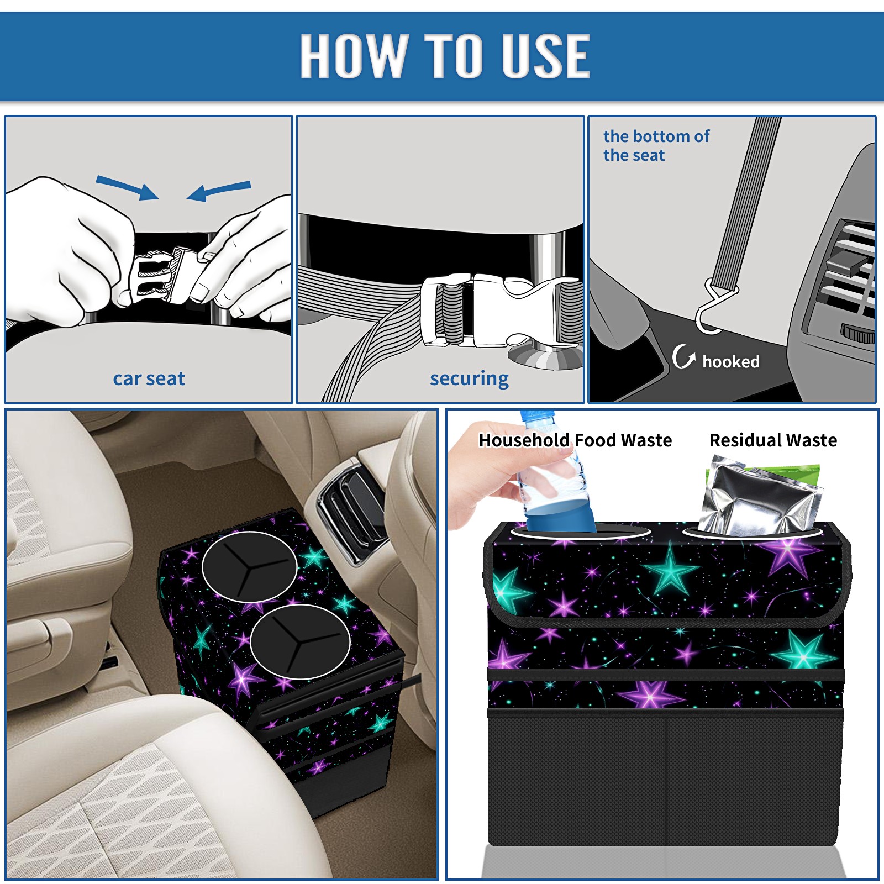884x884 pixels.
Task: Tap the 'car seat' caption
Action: [x=149, y=378]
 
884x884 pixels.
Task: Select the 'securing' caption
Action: [x=469, y=379]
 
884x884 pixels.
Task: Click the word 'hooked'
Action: [x=731, y=361]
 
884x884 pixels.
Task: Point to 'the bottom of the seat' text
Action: [x=656, y=146]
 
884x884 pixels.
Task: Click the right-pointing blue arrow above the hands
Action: [x=127, y=187]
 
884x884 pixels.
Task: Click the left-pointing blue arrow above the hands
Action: [x=219, y=191]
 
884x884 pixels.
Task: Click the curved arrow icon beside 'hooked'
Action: [x=683, y=356]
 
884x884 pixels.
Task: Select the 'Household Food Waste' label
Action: [x=575, y=440]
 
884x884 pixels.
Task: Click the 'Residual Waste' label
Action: [x=773, y=440]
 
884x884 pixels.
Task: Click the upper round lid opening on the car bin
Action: [x=250, y=567]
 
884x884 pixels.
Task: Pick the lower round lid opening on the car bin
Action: [x=300, y=641]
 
